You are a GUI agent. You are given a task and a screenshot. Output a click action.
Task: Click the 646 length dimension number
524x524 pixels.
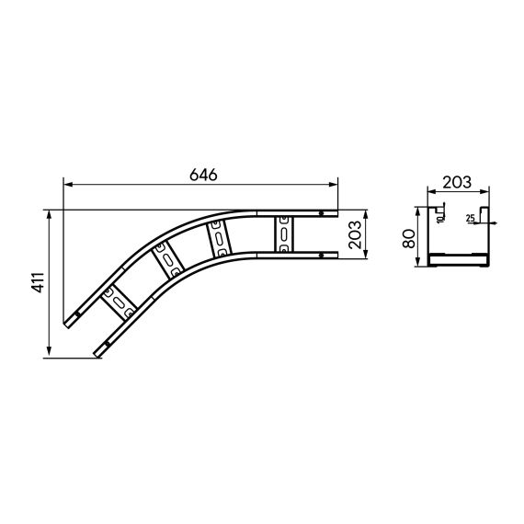point(200,172)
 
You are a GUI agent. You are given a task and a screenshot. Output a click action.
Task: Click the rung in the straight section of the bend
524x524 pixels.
point(284,234)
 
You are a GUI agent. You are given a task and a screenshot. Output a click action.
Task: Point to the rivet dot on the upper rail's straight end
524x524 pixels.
point(320,214)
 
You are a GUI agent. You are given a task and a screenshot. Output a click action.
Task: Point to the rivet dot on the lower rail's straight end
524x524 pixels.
point(320,253)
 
